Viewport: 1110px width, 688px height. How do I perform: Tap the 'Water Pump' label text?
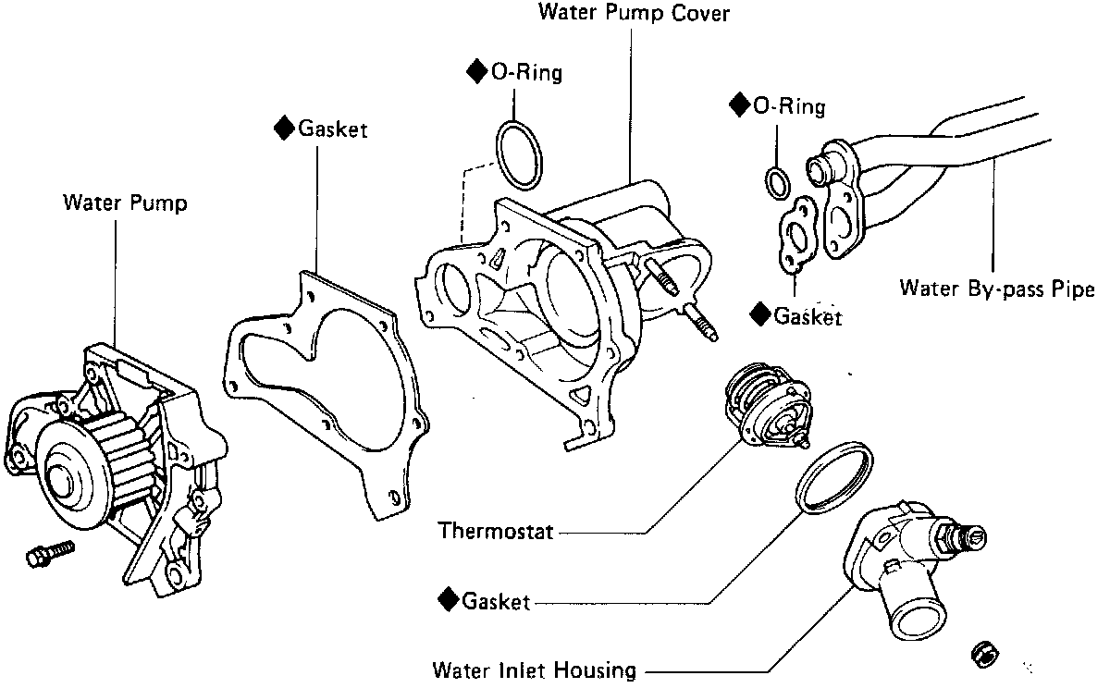click(x=124, y=203)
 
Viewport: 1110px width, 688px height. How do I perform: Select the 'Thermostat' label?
click(x=496, y=531)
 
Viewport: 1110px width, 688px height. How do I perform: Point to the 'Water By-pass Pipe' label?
click(x=996, y=289)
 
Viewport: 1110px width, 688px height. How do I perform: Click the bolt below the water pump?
click(x=47, y=554)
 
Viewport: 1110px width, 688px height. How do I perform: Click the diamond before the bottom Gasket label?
click(x=450, y=600)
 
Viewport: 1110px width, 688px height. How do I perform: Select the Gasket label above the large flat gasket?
click(x=332, y=129)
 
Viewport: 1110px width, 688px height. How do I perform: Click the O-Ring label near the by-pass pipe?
click(x=789, y=105)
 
